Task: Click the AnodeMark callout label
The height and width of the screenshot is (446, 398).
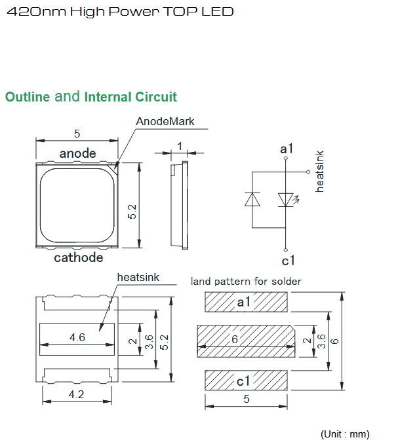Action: [x=165, y=121]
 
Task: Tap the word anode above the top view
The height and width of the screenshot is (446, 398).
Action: [x=78, y=153]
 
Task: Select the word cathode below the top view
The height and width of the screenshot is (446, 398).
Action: [x=79, y=257]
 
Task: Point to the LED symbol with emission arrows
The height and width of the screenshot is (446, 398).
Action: [x=288, y=200]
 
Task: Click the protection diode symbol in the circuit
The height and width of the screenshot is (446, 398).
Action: [x=252, y=199]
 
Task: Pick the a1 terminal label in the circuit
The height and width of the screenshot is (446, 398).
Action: [x=287, y=149]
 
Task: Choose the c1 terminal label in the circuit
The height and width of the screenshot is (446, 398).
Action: [x=288, y=261]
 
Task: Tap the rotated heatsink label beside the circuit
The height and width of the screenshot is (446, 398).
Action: [x=320, y=172]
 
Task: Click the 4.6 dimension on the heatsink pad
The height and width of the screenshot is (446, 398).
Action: [x=77, y=337]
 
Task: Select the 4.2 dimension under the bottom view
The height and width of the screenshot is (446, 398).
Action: [x=76, y=394]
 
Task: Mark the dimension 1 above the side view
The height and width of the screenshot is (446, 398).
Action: [x=180, y=146]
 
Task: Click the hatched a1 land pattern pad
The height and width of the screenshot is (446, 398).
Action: [x=246, y=302]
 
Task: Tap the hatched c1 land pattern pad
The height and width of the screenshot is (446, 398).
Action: [x=246, y=381]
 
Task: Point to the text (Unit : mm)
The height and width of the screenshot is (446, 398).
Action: [x=345, y=434]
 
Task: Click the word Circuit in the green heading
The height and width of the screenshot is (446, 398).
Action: [x=156, y=97]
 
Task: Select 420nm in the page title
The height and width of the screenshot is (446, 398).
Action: [x=37, y=12]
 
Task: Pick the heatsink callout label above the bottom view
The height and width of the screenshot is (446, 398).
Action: [x=138, y=277]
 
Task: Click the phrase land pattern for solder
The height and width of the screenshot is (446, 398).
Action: [x=246, y=282]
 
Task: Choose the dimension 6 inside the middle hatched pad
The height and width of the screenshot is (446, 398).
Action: [x=235, y=339]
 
